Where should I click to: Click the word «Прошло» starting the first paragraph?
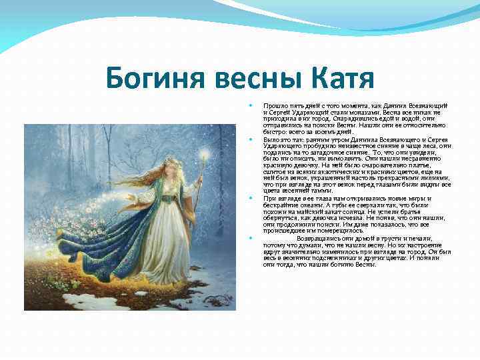coord(273,105)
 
